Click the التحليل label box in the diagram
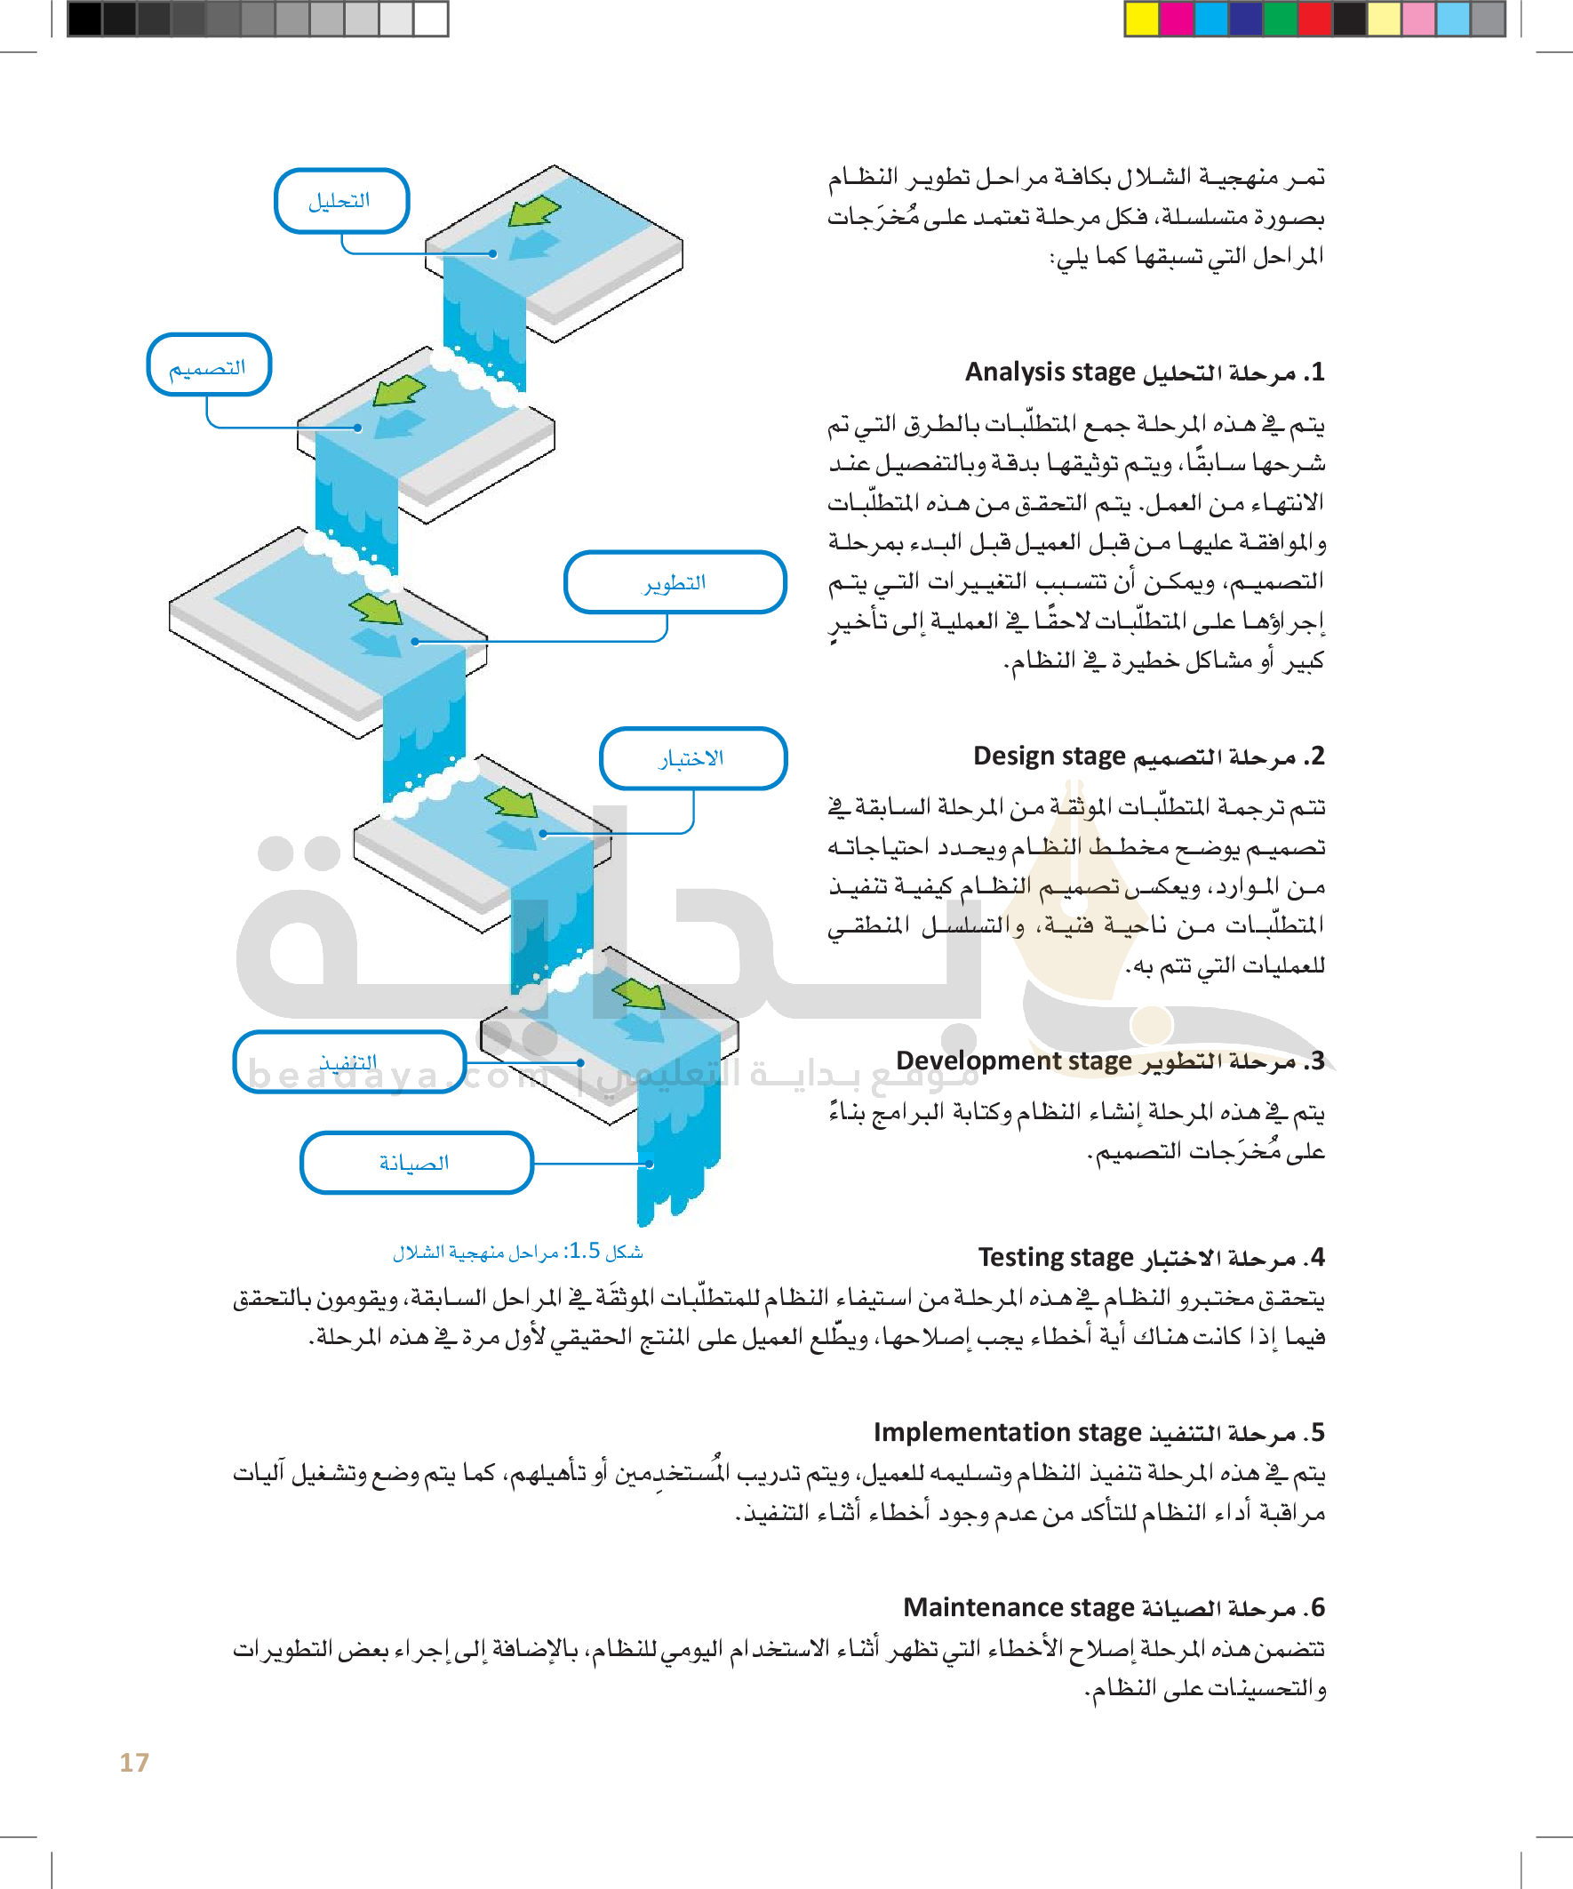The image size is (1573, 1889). [341, 201]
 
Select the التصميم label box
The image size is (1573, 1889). [209, 365]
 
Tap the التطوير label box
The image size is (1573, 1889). [675, 582]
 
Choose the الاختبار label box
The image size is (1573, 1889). [692, 758]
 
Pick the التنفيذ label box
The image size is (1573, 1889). [349, 1062]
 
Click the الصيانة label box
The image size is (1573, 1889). [416, 1162]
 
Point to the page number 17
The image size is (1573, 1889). [134, 1762]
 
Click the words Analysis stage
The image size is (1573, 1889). [1050, 372]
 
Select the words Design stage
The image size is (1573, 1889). [1049, 756]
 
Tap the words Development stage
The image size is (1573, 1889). [1014, 1061]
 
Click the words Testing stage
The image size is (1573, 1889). [1055, 1257]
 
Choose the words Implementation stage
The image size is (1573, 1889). [1007, 1432]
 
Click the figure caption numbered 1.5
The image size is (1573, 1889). [518, 1252]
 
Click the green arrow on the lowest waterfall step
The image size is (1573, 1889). [640, 994]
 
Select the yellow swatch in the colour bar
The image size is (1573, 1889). [1142, 19]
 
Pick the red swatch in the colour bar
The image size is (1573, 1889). [1314, 19]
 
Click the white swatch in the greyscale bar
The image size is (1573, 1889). [431, 19]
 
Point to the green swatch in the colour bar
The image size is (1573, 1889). [1280, 19]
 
